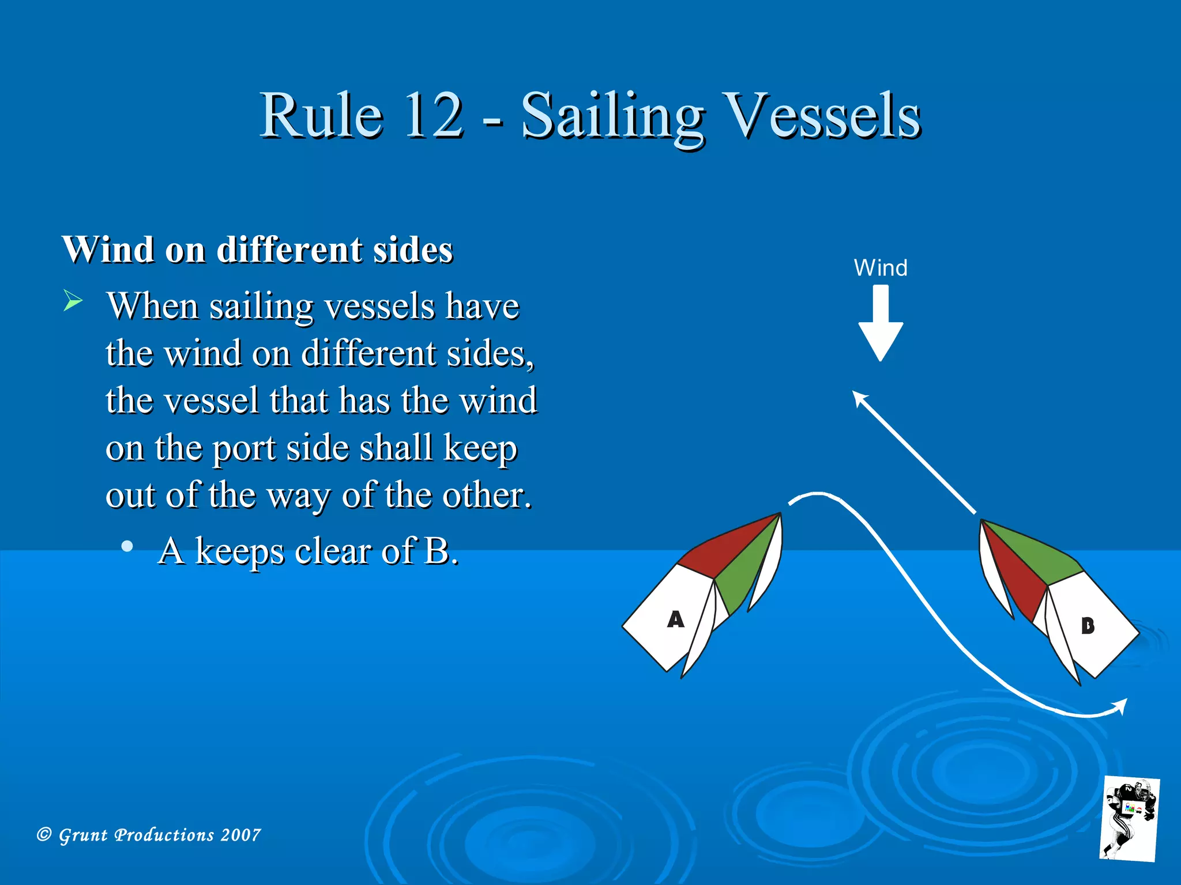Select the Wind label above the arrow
pos(881,268)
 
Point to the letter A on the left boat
pos(675,619)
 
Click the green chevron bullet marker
pos(73,301)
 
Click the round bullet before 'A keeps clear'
pos(127,546)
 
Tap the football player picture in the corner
pos(1129,818)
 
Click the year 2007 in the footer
pos(240,835)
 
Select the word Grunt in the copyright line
pos(83,835)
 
